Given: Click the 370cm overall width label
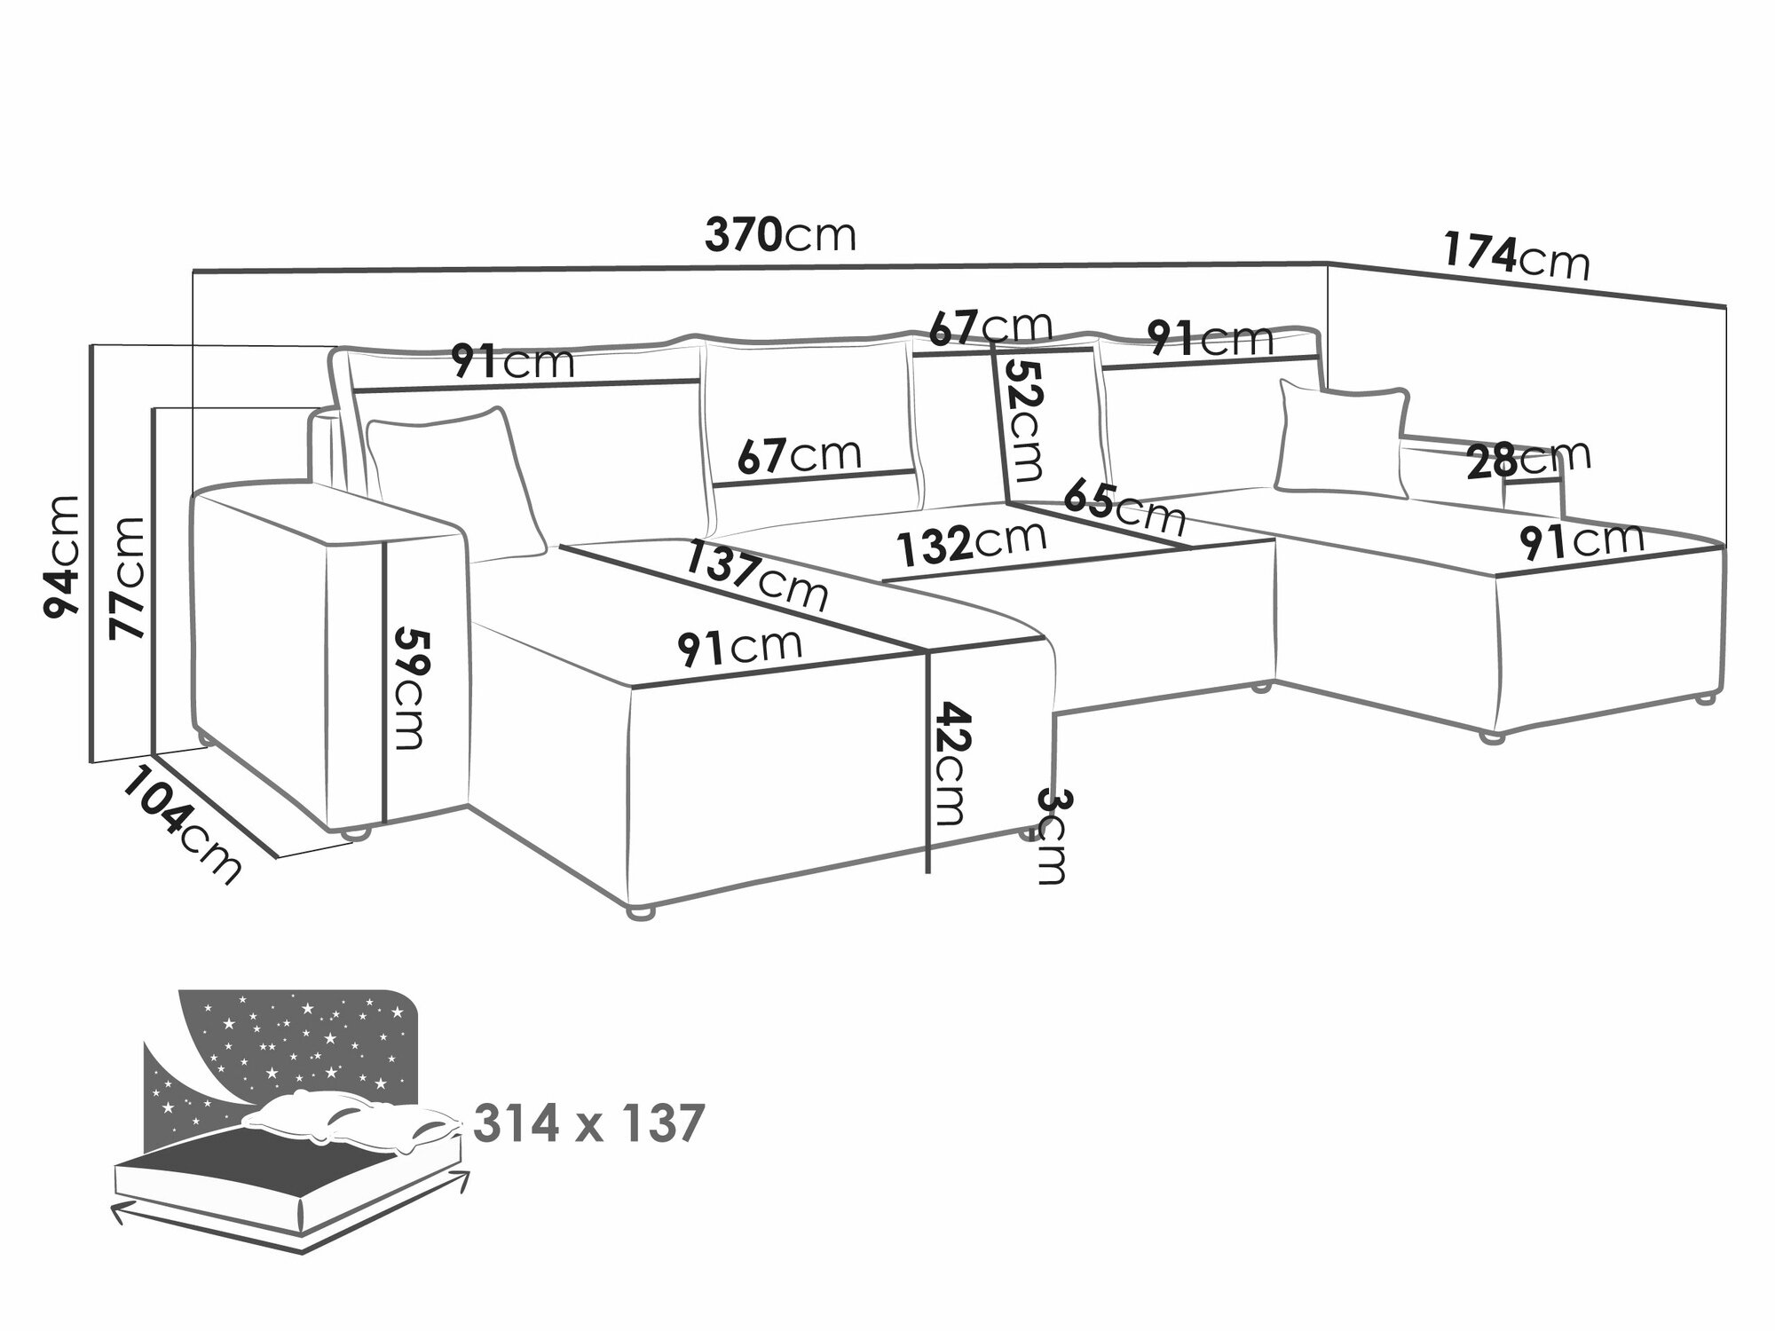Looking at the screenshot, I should tap(780, 236).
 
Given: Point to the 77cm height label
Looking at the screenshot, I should tap(127, 577).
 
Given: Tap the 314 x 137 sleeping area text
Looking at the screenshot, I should tap(588, 1124).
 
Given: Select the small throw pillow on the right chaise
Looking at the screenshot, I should tap(1342, 437).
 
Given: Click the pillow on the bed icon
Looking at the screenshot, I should tap(355, 1120).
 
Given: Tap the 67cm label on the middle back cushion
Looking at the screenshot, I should tap(799, 455).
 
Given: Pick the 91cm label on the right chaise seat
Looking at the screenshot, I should tap(1581, 540).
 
